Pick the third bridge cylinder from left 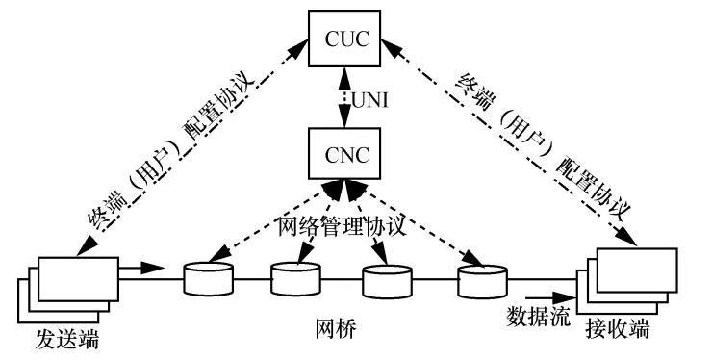pyautogui.click(x=387, y=281)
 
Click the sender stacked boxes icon pyautogui.click(x=72, y=288)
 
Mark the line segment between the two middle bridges pyautogui.click(x=341, y=281)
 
